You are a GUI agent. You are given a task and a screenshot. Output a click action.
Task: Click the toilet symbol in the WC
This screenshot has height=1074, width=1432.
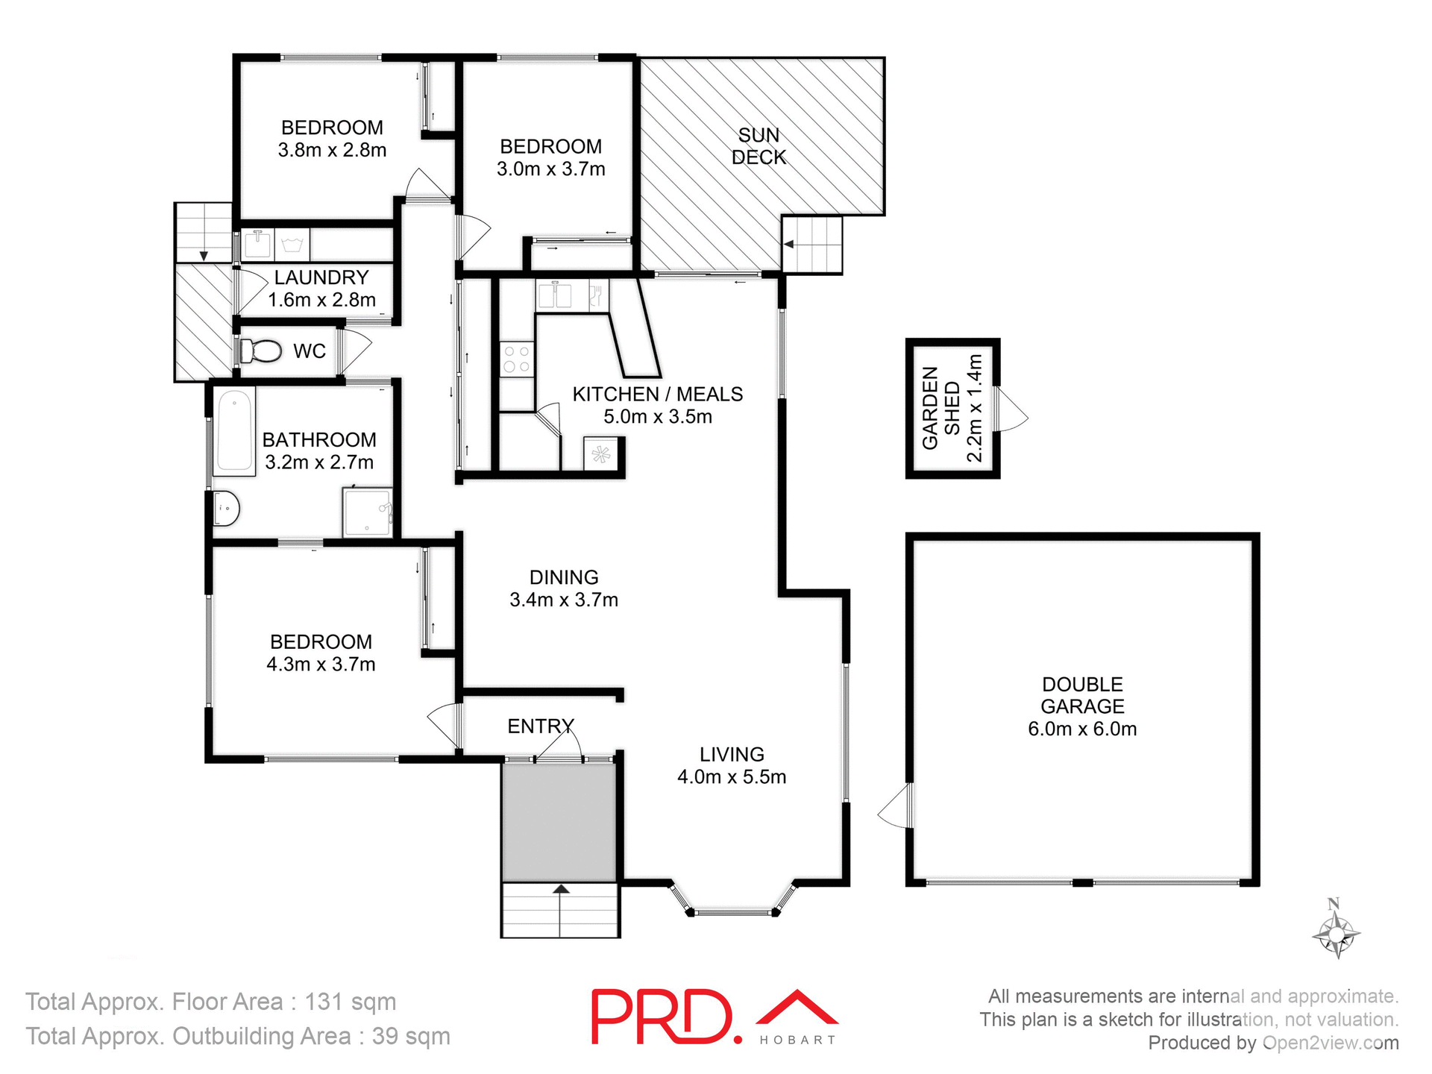[261, 351]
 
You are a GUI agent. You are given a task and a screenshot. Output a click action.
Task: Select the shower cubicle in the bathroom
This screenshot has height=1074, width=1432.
[367, 512]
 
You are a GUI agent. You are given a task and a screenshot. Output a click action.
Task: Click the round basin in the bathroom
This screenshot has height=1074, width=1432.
[226, 509]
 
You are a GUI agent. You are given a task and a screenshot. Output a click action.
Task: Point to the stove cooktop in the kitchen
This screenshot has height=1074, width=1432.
[516, 359]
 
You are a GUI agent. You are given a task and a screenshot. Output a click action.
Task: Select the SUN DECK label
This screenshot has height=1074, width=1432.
[759, 146]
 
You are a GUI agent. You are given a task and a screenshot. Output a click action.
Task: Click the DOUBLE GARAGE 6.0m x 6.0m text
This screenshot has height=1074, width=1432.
[1082, 706]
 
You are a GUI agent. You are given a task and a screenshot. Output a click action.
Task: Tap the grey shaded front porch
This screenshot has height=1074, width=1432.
[559, 822]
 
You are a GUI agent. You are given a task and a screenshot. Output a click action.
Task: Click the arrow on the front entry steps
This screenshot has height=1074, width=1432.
[561, 889]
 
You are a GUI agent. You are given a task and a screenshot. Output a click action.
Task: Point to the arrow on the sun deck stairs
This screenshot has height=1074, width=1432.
[789, 244]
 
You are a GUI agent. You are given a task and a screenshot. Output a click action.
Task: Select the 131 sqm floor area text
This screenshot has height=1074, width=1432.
[350, 1002]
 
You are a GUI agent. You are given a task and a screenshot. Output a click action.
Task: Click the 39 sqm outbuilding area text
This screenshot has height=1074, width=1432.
[411, 1036]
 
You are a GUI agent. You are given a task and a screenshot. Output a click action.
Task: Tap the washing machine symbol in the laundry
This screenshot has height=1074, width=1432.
[292, 245]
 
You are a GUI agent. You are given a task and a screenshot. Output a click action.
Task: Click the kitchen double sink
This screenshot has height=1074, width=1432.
[554, 295]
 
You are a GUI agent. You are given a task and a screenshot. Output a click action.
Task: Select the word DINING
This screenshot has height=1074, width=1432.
[564, 577]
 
